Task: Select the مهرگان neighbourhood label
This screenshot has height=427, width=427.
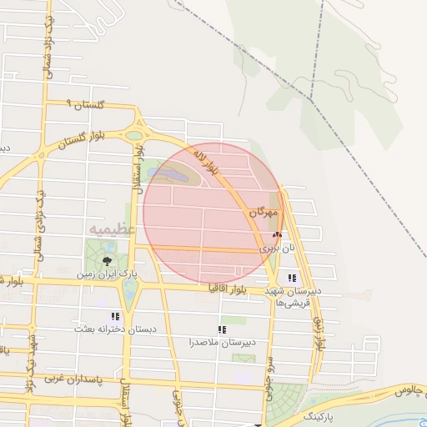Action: point(262,214)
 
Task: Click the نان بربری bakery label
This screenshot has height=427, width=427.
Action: point(276,248)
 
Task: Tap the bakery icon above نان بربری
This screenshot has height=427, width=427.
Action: point(277,236)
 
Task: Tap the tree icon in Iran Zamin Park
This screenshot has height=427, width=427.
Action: point(106,261)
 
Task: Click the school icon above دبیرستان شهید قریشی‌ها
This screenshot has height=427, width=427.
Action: point(291,278)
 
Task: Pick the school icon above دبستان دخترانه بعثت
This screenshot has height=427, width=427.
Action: point(115,317)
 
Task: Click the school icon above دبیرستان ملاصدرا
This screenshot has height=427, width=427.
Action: point(222,329)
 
